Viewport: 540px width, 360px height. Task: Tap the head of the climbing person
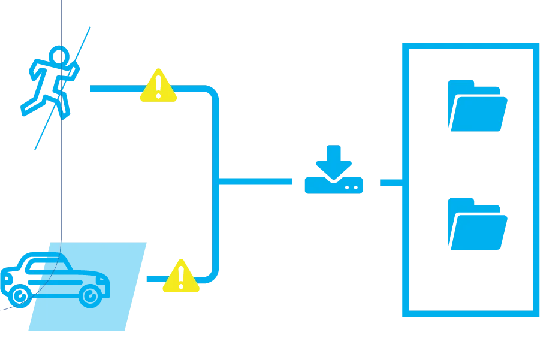(x=59, y=56)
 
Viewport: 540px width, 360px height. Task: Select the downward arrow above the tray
(x=334, y=159)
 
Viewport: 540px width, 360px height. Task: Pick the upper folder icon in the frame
(x=477, y=105)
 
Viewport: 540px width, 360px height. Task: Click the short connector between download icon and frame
(x=390, y=181)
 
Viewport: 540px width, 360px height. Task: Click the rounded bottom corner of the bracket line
(x=213, y=276)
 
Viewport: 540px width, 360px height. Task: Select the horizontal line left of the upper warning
(x=114, y=89)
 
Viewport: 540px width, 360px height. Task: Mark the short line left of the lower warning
(x=153, y=279)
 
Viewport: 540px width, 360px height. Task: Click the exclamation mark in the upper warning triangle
(x=158, y=86)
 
